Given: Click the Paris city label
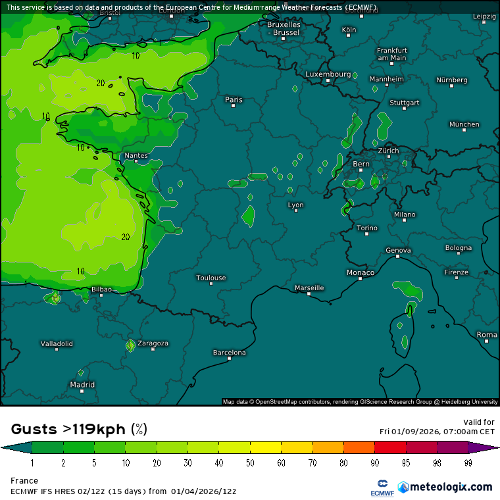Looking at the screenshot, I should pyautogui.click(x=234, y=100).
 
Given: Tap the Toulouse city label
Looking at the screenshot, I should pyautogui.click(x=211, y=278).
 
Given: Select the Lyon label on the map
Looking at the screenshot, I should pyautogui.click(x=296, y=205).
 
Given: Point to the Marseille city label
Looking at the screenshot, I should pyautogui.click(x=309, y=287).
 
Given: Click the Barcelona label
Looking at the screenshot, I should pyautogui.click(x=230, y=353).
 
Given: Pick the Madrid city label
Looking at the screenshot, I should pyautogui.click(x=82, y=385).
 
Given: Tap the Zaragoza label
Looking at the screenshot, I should pyautogui.click(x=153, y=343).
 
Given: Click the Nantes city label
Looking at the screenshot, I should pyautogui.click(x=136, y=156).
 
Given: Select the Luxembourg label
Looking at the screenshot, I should pyautogui.click(x=328, y=74).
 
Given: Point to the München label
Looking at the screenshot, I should pyautogui.click(x=464, y=124).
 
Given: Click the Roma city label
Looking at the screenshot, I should pyautogui.click(x=487, y=335).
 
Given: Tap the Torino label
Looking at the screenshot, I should pyautogui.click(x=367, y=228).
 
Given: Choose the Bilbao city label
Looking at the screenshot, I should pyautogui.click(x=101, y=289).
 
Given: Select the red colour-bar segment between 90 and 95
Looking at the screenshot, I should pyautogui.click(x=390, y=448).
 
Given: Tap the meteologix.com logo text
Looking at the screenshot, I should pyautogui.click(x=451, y=487).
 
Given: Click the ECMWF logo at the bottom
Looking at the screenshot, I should pyautogui.click(x=381, y=488).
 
